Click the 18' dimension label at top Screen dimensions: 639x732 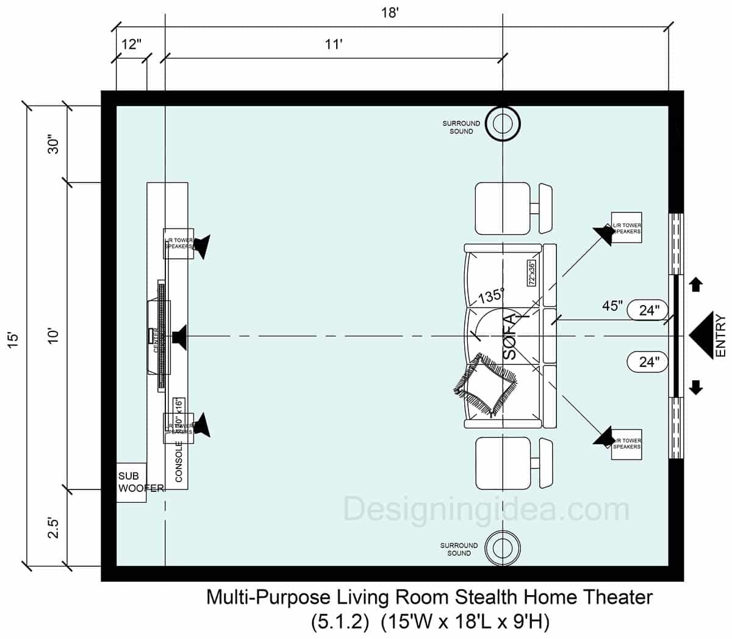click(389, 13)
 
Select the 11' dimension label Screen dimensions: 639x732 click(334, 45)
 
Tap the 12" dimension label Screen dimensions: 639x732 click(131, 45)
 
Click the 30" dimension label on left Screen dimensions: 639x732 click(54, 144)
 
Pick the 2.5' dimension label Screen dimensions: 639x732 click(54, 527)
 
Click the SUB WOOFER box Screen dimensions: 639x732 click(132, 483)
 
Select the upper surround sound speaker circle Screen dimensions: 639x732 click(502, 124)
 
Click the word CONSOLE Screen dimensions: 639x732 click(179, 462)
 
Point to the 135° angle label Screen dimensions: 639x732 click(491, 296)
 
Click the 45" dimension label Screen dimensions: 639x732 click(612, 306)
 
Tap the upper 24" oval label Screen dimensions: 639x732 click(649, 310)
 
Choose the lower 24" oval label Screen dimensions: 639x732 click(649, 362)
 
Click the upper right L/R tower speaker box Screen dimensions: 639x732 click(626, 228)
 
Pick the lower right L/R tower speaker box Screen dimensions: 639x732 click(626, 444)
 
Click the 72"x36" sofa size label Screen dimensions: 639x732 click(531, 273)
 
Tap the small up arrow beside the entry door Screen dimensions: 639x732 click(696, 284)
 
